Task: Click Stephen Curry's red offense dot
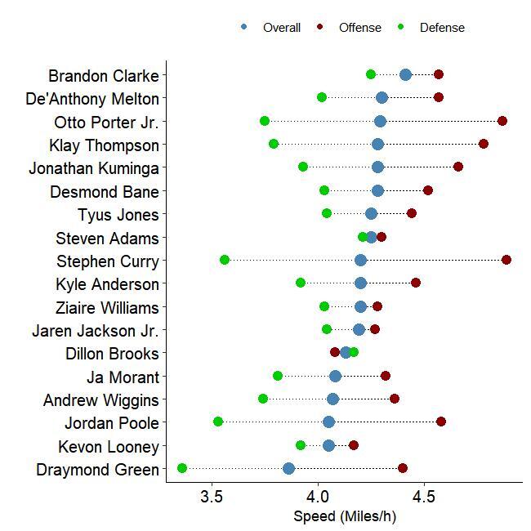click(506, 260)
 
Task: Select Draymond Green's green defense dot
click(182, 468)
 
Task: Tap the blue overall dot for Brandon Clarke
click(406, 75)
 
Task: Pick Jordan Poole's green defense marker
click(218, 422)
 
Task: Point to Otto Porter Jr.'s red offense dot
click(502, 121)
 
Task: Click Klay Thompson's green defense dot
click(274, 145)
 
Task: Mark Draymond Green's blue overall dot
click(288, 468)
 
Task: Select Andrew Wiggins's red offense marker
click(395, 399)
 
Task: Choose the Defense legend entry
click(442, 28)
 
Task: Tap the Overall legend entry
click(281, 28)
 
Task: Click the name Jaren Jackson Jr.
click(95, 331)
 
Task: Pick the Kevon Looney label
click(108, 447)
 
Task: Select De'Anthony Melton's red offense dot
click(439, 97)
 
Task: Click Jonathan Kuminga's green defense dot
click(303, 167)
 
